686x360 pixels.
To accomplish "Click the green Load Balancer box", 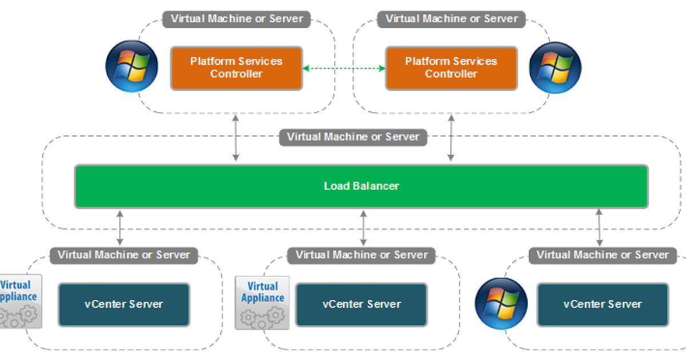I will tap(361, 186).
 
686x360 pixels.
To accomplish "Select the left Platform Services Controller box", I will tap(236, 68).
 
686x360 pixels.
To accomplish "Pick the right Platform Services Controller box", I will tap(451, 68).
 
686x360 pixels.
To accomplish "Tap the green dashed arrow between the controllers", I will tap(344, 69).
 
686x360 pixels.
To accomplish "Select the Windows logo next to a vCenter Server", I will tap(501, 303).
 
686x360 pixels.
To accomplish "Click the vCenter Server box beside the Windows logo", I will tap(603, 305).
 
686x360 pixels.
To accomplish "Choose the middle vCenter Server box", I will tap(361, 305).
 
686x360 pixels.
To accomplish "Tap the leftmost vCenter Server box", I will tap(124, 305).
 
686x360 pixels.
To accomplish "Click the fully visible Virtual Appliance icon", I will tap(262, 302).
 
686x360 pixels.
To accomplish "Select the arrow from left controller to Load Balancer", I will tap(236, 138).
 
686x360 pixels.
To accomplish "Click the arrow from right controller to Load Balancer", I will tap(451, 138).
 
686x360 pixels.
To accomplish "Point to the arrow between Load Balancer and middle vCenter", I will tap(364, 228).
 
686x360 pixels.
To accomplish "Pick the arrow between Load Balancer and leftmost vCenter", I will tap(120, 228).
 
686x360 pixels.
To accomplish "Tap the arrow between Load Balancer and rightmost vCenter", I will tap(599, 228).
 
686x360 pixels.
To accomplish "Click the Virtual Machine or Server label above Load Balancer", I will tap(353, 137).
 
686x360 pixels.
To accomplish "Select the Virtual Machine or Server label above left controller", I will tap(237, 18).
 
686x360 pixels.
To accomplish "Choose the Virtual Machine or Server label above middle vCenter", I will tap(361, 255).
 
